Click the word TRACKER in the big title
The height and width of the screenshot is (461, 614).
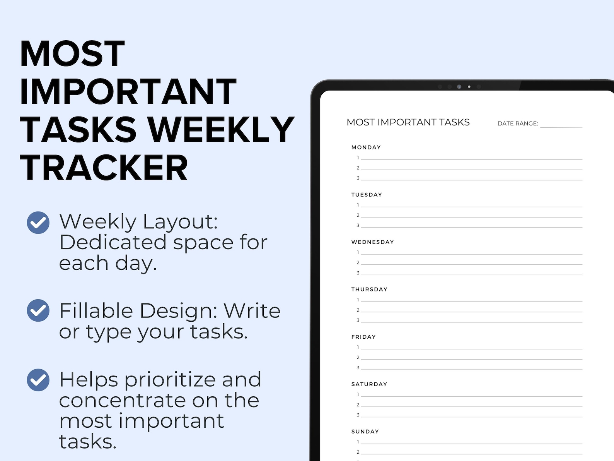click(x=104, y=168)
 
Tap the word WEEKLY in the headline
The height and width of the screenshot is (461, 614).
click(x=221, y=130)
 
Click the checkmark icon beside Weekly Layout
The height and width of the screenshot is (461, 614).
click(x=38, y=223)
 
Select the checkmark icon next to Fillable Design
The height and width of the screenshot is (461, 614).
click(x=38, y=310)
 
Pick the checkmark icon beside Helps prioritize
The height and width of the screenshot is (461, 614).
click(x=38, y=380)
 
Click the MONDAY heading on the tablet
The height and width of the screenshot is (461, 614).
click(x=366, y=147)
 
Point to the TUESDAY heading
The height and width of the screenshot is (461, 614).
click(x=367, y=195)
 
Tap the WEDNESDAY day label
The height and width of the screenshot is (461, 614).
click(x=372, y=242)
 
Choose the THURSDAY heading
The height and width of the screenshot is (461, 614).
click(x=369, y=290)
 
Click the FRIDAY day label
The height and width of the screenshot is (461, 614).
click(x=363, y=337)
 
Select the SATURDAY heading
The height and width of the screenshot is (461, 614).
click(x=369, y=384)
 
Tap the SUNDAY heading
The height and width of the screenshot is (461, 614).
click(x=365, y=432)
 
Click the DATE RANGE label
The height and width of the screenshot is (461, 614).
click(x=517, y=123)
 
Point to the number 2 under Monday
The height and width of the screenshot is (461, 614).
click(x=358, y=168)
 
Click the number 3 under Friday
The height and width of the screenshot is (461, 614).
click(x=358, y=368)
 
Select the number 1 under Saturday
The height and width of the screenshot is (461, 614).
click(x=358, y=394)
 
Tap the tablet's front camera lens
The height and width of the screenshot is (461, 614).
click(x=459, y=87)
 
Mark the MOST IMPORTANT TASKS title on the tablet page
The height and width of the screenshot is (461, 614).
click(x=408, y=122)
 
